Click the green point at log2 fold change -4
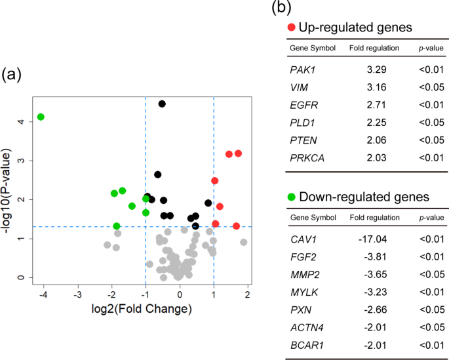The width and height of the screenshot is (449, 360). [x=41, y=117]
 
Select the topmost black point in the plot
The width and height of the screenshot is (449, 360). [x=162, y=104]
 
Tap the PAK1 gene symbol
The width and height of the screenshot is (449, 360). [x=302, y=68]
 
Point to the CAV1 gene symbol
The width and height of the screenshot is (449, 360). [x=302, y=239]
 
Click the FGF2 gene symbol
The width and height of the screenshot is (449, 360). [x=302, y=256]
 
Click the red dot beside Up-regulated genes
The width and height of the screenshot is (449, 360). [x=292, y=28]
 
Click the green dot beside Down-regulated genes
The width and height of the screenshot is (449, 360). [x=292, y=197]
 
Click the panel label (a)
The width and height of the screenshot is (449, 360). [x=13, y=74]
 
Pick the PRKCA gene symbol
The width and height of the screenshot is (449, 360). [x=306, y=157]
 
